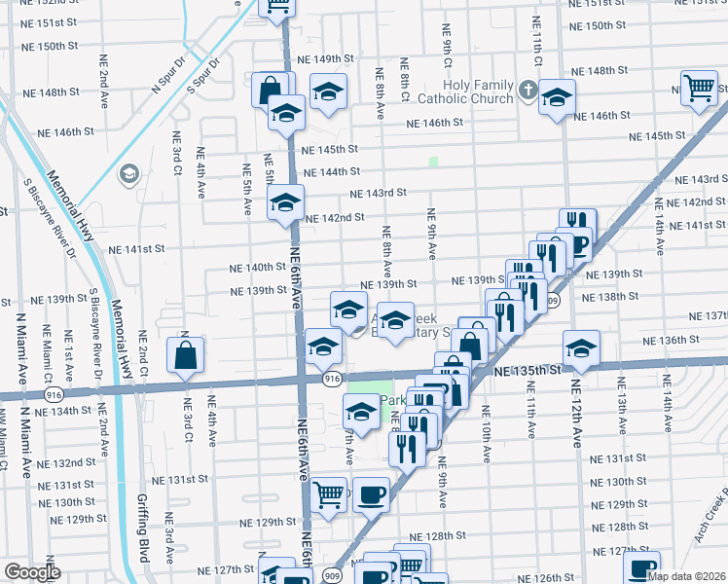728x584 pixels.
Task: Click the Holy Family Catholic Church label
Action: tap(466, 91)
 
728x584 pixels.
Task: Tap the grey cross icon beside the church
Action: tap(528, 91)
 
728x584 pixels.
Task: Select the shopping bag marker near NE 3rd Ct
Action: tap(185, 356)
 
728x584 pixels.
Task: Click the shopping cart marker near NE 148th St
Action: tap(700, 89)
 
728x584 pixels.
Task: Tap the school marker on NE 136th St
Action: tap(581, 349)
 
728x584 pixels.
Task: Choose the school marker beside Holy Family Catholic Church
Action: tap(557, 98)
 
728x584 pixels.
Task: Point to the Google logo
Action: tap(32, 572)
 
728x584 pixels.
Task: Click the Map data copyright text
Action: tap(687, 576)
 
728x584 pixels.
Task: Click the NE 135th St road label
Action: tap(528, 371)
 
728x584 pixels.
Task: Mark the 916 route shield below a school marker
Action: tap(332, 378)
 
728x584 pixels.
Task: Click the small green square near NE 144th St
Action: tap(433, 162)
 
